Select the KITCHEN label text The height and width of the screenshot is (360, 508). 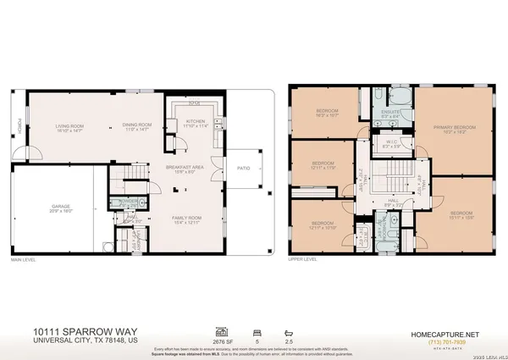[x=196, y=122]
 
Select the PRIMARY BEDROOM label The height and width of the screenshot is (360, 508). [x=455, y=128]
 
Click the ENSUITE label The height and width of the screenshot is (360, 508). [x=391, y=113]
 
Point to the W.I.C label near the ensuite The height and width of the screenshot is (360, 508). [x=391, y=142]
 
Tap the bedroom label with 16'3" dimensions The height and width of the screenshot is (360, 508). [x=328, y=113]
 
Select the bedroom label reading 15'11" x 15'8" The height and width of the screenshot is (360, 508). [x=461, y=213]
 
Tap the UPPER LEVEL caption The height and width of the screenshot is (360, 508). [x=303, y=261]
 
